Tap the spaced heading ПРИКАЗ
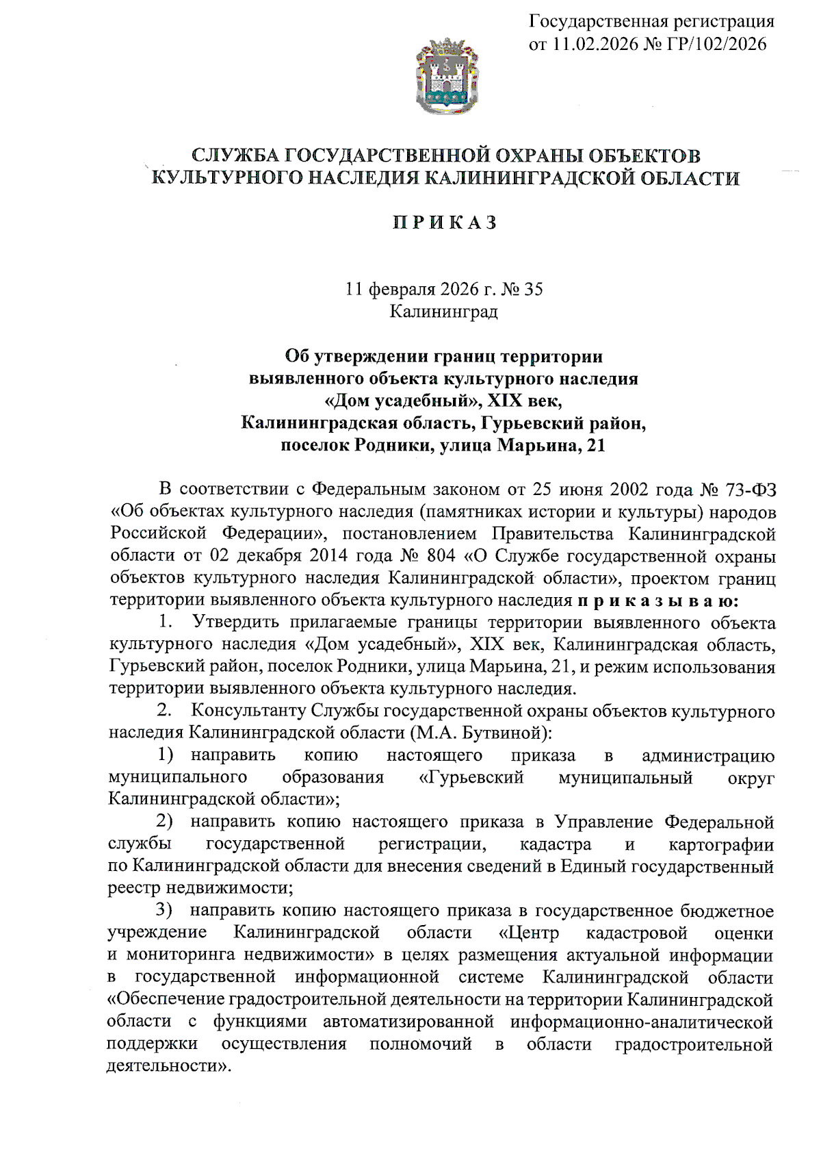click(x=445, y=223)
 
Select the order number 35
click(x=533, y=290)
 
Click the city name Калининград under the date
click(x=444, y=312)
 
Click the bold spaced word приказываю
click(x=658, y=601)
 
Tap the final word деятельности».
click(x=169, y=1067)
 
